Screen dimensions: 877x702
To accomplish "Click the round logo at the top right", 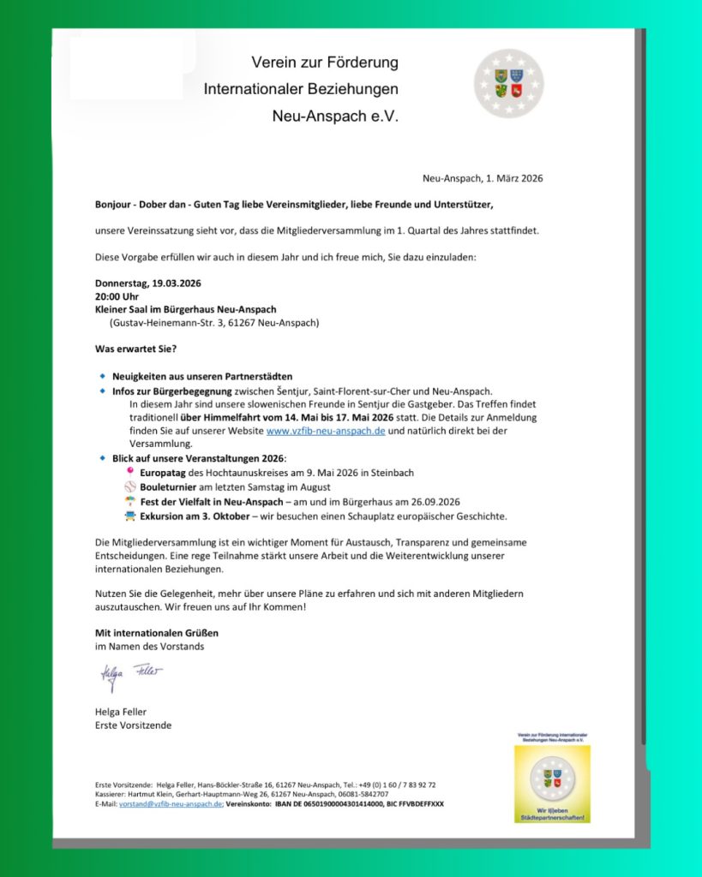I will click(x=509, y=83).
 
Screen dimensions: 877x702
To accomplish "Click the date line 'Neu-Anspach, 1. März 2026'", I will click(x=483, y=178).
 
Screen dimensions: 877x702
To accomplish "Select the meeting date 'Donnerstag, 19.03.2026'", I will click(x=147, y=283).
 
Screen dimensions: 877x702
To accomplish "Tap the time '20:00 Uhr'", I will click(x=118, y=296).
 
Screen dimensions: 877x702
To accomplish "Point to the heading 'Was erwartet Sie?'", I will click(x=136, y=349).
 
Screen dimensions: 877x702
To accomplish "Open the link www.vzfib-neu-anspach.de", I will click(x=326, y=431).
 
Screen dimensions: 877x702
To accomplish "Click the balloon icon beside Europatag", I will click(x=129, y=471).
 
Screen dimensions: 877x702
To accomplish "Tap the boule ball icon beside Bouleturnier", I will click(x=129, y=486).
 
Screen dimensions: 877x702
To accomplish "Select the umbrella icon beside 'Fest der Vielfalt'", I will click(x=129, y=501).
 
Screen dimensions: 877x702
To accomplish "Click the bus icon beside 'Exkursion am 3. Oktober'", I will click(x=129, y=516).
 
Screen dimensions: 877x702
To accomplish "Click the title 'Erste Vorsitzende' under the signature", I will click(x=133, y=725).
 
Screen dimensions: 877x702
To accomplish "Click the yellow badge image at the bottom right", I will click(x=552, y=783).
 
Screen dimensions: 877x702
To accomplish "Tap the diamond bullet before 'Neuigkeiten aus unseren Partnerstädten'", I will click(x=102, y=376).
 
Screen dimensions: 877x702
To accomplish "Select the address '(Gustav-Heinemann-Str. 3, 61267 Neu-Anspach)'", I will click(x=214, y=323).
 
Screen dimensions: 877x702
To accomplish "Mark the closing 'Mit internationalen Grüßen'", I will click(x=156, y=633).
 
